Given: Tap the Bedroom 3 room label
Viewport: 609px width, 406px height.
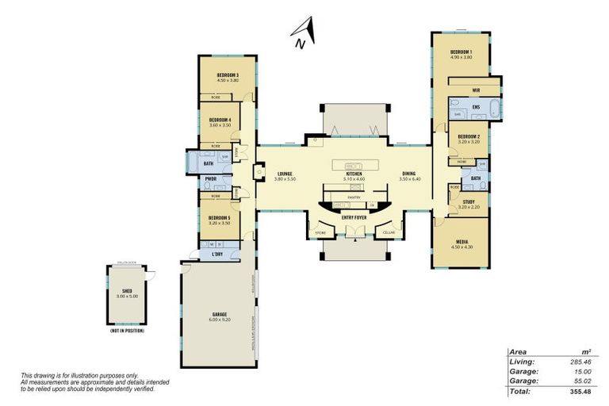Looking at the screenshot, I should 228,75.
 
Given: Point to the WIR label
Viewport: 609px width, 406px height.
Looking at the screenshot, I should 476,90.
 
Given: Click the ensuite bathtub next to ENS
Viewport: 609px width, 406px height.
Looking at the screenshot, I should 492,108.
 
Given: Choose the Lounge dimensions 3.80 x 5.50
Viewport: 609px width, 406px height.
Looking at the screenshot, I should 285,179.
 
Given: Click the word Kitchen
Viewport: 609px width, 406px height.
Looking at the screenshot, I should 354,174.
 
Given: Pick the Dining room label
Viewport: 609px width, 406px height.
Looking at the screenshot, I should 408,174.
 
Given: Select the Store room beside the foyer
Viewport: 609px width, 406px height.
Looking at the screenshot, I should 320,232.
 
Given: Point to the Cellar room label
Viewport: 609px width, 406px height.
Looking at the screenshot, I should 389,232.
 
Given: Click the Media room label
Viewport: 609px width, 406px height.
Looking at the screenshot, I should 462,242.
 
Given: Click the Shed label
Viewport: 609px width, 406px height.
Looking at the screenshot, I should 127,292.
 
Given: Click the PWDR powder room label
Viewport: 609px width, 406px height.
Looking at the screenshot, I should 211,179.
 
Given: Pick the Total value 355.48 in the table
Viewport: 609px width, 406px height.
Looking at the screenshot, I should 582,391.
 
